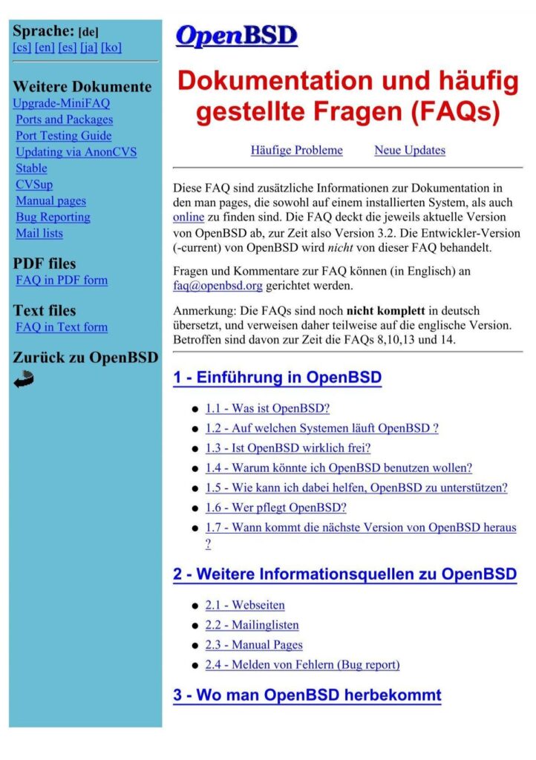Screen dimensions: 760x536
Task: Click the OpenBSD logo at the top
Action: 236,36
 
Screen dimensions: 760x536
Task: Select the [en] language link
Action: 45,47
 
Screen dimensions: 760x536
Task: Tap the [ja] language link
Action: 88,47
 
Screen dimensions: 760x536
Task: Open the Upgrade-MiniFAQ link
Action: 62,103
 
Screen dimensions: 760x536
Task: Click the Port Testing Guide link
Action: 64,136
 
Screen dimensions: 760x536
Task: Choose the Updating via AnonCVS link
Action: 76,152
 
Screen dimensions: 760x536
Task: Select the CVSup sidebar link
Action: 34,185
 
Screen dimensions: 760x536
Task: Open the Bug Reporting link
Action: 53,217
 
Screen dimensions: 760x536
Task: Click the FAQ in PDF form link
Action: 62,281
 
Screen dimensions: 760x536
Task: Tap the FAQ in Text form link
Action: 62,327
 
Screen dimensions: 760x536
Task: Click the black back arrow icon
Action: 24,380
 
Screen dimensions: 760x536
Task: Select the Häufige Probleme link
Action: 297,151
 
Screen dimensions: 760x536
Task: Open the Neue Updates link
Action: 410,151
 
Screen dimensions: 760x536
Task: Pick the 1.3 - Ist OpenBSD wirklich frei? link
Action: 288,448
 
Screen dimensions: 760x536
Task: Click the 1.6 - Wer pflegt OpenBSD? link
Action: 276,508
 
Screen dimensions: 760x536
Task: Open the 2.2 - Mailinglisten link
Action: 252,626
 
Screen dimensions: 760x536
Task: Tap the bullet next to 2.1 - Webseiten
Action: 195,606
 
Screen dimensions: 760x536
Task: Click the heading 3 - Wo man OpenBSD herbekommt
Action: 307,695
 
